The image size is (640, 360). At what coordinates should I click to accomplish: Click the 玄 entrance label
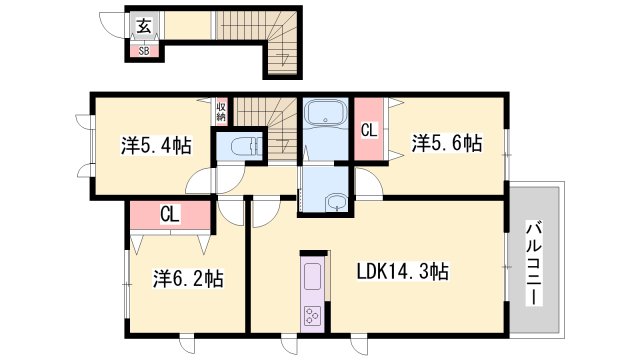[145, 27]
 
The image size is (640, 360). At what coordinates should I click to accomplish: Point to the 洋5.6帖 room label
[446, 144]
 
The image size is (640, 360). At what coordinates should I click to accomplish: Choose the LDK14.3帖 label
[402, 271]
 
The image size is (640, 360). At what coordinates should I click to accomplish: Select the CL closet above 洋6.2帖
[170, 214]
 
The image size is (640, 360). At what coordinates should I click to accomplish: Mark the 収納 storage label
[221, 109]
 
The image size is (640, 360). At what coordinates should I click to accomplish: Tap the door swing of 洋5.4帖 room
[201, 181]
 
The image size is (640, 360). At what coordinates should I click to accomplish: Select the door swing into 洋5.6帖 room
[371, 184]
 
